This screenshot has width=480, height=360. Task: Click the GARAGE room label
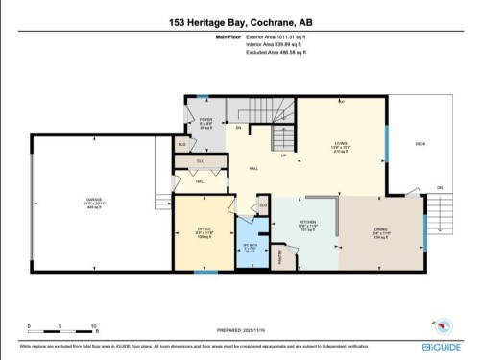click(x=93, y=201)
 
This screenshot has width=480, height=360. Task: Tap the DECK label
click(x=420, y=144)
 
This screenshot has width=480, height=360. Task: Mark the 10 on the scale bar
click(x=93, y=326)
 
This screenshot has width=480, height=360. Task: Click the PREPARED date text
click(x=240, y=329)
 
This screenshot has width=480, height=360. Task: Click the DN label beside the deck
click(x=440, y=187)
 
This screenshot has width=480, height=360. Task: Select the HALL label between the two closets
click(x=201, y=181)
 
